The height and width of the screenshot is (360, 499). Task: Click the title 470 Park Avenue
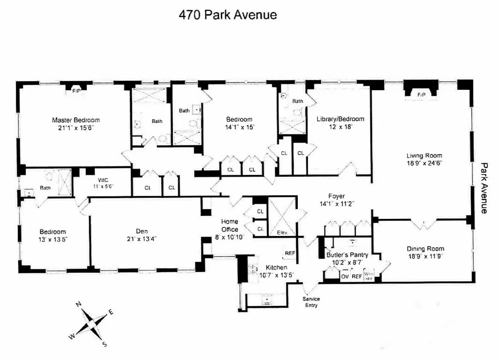227,15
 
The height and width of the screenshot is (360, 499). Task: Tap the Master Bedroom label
76,120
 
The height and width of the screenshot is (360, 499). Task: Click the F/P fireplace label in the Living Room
421,95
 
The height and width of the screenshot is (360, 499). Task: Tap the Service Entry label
311,302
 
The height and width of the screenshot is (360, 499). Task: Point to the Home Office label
230,225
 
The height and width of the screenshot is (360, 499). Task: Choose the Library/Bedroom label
340,119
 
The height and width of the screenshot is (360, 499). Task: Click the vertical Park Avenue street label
484,188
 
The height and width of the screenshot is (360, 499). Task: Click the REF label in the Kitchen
290,253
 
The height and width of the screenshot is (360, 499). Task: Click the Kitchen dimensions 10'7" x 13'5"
273,275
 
